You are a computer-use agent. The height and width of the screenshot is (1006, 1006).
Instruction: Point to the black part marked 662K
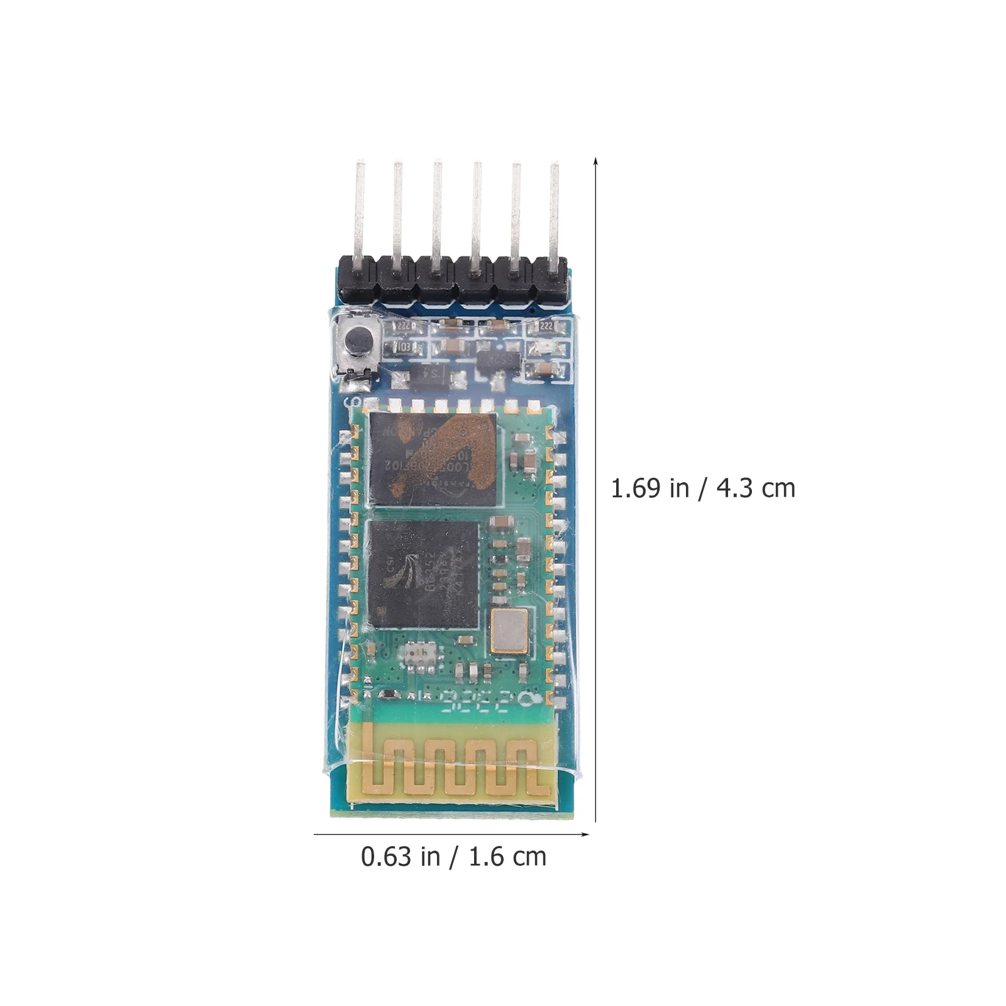click(499, 360)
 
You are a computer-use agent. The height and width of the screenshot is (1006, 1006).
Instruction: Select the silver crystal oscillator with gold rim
click(510, 629)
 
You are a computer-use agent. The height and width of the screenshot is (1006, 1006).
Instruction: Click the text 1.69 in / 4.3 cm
click(702, 489)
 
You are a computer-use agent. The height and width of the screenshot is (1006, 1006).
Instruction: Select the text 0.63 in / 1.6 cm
click(453, 857)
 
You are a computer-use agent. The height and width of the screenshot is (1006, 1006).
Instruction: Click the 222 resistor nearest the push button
click(402, 326)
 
